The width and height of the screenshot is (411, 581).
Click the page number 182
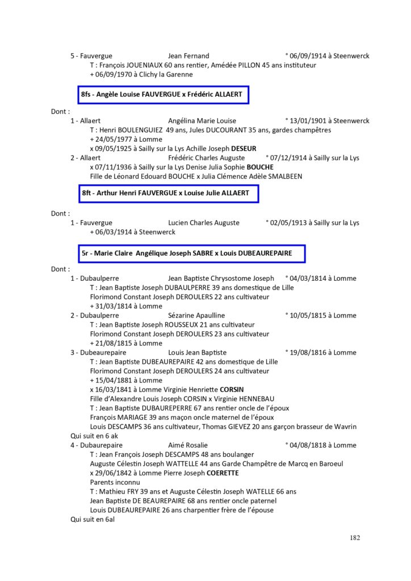pos(354,538)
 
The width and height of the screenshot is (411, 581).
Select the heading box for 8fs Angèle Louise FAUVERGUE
pos(164,95)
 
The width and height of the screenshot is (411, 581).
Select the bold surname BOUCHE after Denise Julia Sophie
pos(260,167)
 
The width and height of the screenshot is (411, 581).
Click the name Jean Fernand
pos(189,56)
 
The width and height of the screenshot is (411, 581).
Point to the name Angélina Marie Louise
pos(203,121)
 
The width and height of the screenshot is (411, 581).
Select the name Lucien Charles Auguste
pos(204,223)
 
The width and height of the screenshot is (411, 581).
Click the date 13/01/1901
pos(309,121)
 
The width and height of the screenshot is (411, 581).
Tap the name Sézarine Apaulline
pos(197,315)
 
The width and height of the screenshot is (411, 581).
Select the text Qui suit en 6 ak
pos(94,436)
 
